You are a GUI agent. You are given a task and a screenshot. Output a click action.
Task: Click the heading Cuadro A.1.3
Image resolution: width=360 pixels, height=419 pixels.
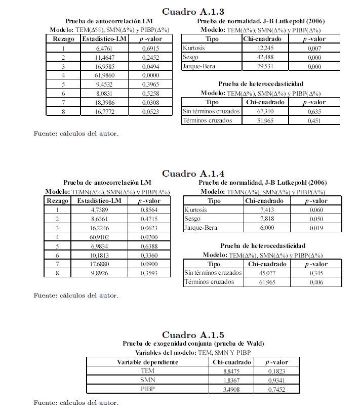pyautogui.click(x=192, y=12)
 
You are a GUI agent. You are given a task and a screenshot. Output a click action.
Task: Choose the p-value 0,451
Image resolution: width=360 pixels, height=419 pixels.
pyautogui.click(x=314, y=120)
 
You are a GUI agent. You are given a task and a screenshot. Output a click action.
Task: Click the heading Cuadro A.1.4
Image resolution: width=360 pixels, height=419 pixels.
pyautogui.click(x=192, y=174)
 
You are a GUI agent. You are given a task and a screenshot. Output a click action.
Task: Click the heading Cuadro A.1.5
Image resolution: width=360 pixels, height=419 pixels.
pyautogui.click(x=192, y=335)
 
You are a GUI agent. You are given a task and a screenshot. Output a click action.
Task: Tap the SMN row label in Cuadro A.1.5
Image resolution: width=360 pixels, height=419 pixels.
pyautogui.click(x=147, y=380)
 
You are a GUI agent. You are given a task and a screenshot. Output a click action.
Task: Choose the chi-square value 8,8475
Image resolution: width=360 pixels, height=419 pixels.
pyautogui.click(x=232, y=371)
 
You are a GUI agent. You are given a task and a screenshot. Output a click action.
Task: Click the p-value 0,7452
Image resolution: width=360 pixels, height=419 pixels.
pyautogui.click(x=277, y=389)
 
